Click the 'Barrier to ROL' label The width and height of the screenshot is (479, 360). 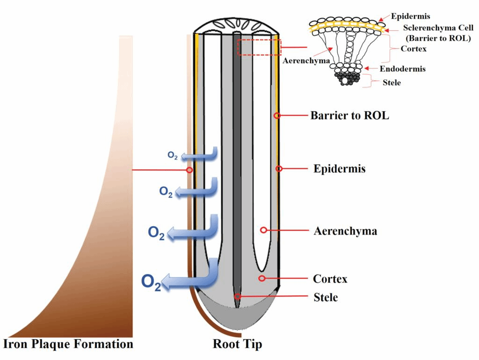(x=349, y=115)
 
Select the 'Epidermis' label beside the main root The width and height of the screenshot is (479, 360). (x=339, y=169)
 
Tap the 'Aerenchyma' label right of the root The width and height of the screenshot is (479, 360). (x=345, y=230)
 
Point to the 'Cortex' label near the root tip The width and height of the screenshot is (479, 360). (x=330, y=279)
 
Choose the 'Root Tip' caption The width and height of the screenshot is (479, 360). (x=238, y=345)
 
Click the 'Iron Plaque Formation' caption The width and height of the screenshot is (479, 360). (x=68, y=345)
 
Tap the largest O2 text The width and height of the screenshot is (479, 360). (x=151, y=283)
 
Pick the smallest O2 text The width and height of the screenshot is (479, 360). (x=173, y=155)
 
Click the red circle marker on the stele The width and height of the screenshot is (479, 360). (x=238, y=296)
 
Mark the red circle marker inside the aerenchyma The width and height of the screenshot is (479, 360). (x=263, y=230)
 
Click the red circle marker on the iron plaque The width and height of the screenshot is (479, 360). (x=189, y=170)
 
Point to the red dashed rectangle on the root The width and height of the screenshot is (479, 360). (x=259, y=47)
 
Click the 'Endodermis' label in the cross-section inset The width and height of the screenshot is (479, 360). (x=402, y=69)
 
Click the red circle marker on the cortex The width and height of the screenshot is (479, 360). (x=262, y=279)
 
